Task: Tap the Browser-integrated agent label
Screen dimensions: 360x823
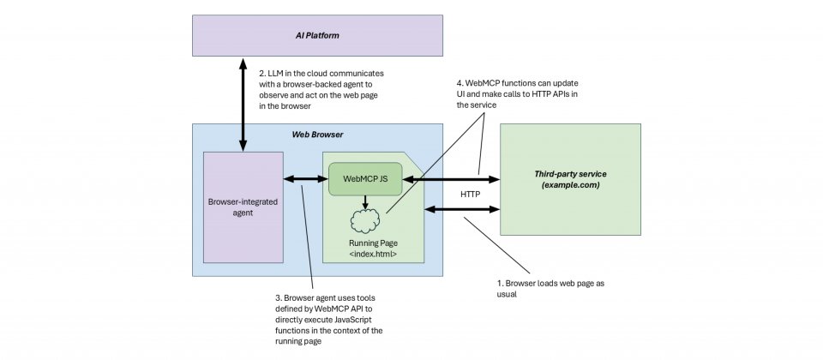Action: pos(243,207)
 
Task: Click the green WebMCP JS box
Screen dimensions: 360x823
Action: pos(365,179)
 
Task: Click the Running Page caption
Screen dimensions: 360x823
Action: pos(371,243)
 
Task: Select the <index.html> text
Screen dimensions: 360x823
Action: pos(371,255)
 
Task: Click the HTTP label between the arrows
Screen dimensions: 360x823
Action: pos(471,195)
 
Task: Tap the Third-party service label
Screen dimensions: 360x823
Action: pos(570,174)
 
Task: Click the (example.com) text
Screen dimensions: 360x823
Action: pos(570,185)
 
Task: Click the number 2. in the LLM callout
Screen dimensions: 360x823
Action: pos(263,73)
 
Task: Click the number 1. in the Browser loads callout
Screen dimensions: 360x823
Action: pos(502,282)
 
